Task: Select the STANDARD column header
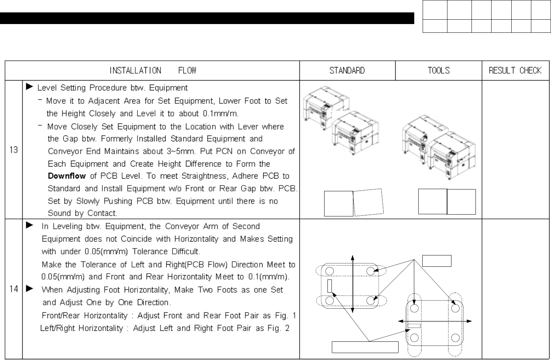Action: [347, 70]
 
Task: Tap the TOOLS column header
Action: [438, 70]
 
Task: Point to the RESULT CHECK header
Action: [515, 70]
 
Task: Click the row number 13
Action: [14, 150]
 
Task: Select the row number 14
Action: [14, 289]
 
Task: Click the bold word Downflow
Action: [67, 176]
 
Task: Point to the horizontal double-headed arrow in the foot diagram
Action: [434, 321]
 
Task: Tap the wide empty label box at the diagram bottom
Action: [365, 347]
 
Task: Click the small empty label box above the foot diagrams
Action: [437, 261]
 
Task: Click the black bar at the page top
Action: [207, 18]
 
